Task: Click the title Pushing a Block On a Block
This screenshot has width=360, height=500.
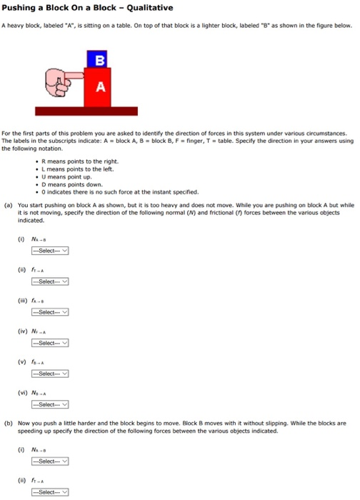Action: [x=88, y=8]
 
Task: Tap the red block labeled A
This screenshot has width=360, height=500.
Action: [x=100, y=87]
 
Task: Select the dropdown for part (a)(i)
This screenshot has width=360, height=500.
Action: [x=49, y=251]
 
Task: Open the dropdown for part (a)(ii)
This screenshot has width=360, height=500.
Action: [x=49, y=281]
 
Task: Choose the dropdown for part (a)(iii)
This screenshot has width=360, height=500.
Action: [x=49, y=312]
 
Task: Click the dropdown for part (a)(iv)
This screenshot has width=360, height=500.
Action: [x=49, y=343]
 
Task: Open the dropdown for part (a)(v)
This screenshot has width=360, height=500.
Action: [x=49, y=374]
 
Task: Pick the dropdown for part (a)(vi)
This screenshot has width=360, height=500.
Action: [x=49, y=404]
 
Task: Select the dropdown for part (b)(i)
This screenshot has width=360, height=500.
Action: [x=49, y=462]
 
